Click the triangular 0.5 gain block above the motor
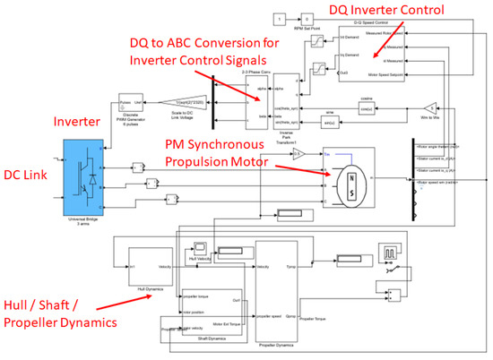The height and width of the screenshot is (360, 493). tap(302, 152)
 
